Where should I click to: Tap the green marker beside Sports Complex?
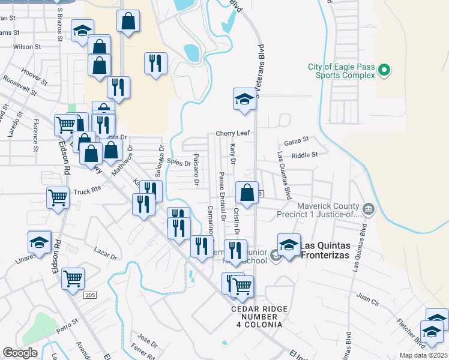[x=384, y=71]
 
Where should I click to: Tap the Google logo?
[x=20, y=353]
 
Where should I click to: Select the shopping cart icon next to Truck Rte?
[x=58, y=197]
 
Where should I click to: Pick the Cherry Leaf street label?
[x=232, y=133]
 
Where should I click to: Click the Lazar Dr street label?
[x=106, y=253]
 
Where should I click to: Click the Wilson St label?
[x=26, y=46]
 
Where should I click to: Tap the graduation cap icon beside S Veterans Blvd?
[x=244, y=100]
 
